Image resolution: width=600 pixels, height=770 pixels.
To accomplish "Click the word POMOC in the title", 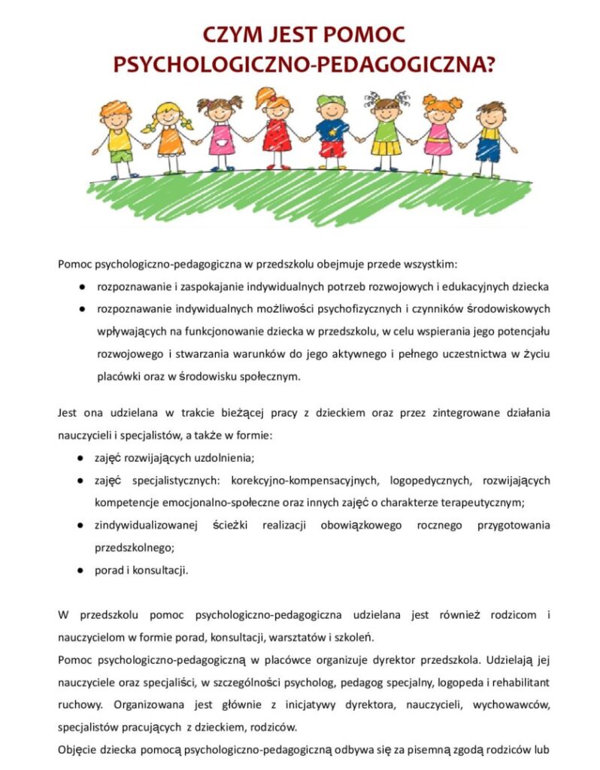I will click(363, 35).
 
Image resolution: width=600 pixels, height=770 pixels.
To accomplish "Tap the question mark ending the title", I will click(489, 65).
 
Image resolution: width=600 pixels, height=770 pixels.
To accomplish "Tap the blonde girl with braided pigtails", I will click(168, 132).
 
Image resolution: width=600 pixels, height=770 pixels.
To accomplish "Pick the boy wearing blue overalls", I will click(489, 135).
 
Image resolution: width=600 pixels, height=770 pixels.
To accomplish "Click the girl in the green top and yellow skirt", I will click(384, 132).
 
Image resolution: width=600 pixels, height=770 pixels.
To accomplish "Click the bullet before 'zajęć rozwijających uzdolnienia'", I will click(80, 457).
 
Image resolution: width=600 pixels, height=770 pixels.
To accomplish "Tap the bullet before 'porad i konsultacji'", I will click(80, 570).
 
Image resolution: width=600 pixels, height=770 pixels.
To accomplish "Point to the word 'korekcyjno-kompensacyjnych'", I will click(296, 480).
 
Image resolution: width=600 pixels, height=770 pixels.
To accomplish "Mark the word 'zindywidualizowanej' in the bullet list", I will click(141, 525).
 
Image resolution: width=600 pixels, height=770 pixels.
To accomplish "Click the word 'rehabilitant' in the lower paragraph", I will click(520, 682).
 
